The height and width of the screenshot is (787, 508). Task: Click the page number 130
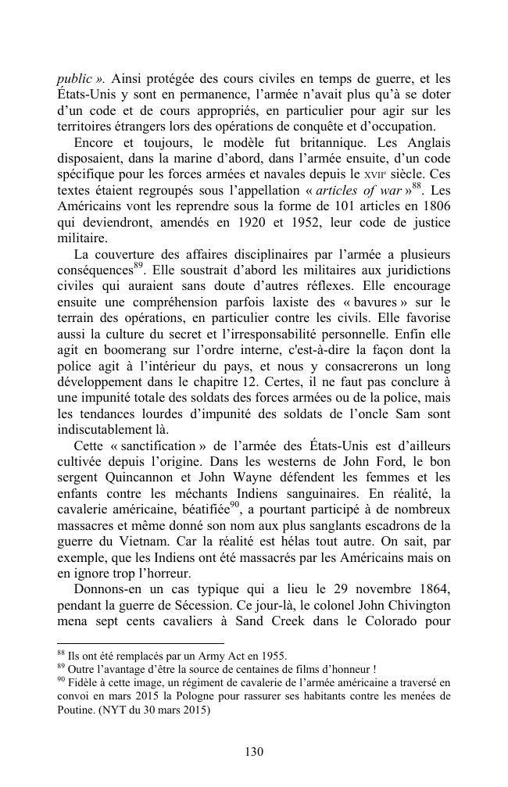[x=253, y=752]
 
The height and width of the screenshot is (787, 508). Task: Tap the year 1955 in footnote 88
[x=270, y=656]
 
